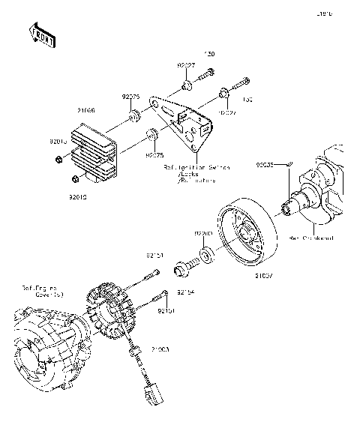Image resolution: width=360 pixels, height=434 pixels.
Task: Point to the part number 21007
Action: click(x=242, y=276)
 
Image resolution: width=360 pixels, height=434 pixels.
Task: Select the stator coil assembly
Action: click(x=112, y=312)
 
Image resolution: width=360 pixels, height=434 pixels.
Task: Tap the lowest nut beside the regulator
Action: click(x=73, y=178)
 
